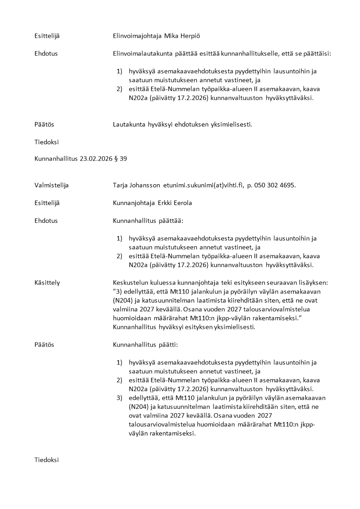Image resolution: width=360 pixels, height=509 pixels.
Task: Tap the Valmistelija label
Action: pyautogui.click(x=52, y=185)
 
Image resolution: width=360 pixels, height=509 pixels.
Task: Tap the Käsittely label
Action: pyautogui.click(x=47, y=283)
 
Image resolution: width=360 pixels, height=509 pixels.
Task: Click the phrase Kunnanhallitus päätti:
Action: pyautogui.click(x=146, y=345)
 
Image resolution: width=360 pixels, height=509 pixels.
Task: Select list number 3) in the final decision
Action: pyautogui.click(x=120, y=398)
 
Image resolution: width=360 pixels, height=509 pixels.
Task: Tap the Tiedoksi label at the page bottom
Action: pyautogui.click(x=47, y=460)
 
